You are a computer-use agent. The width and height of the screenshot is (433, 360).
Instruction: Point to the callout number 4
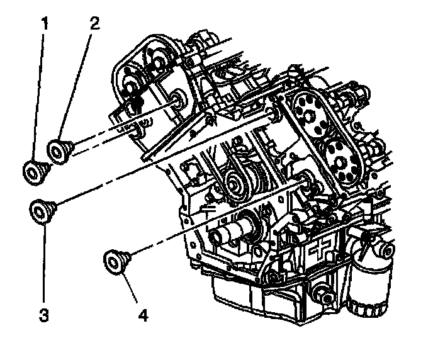[144, 313]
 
